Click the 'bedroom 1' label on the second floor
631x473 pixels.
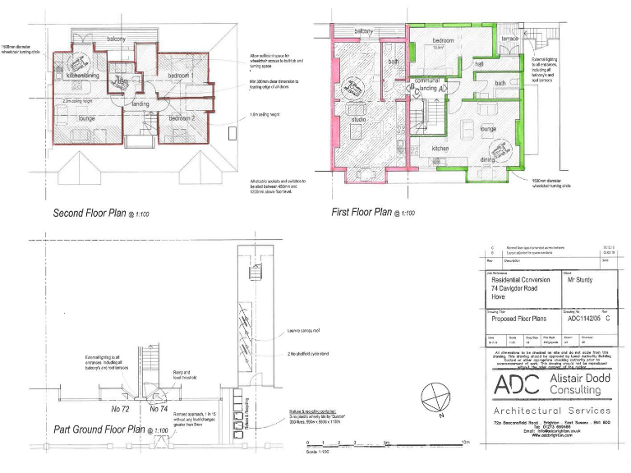(178, 76)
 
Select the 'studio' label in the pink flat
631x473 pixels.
(358, 120)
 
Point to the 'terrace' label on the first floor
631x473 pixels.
(510, 39)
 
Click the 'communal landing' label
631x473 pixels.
(428, 84)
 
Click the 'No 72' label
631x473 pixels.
(120, 408)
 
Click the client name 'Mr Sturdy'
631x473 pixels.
(579, 279)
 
